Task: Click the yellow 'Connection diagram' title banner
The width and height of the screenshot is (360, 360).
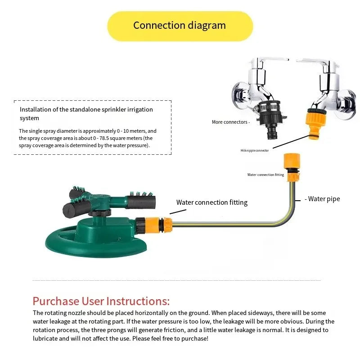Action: pyautogui.click(x=180, y=26)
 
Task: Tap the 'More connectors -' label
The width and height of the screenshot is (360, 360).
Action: pyautogui.click(x=230, y=122)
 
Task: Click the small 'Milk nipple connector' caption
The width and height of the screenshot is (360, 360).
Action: pyautogui.click(x=254, y=151)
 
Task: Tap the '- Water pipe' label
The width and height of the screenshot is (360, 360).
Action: pyautogui.click(x=322, y=199)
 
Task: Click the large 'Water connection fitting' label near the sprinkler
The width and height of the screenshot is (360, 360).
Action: pyautogui.click(x=211, y=202)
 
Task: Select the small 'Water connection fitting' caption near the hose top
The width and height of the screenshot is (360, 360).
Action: pyautogui.click(x=265, y=175)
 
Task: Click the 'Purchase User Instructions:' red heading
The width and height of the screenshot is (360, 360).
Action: pyautogui.click(x=101, y=301)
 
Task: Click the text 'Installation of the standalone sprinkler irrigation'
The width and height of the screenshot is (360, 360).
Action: pyautogui.click(x=86, y=109)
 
